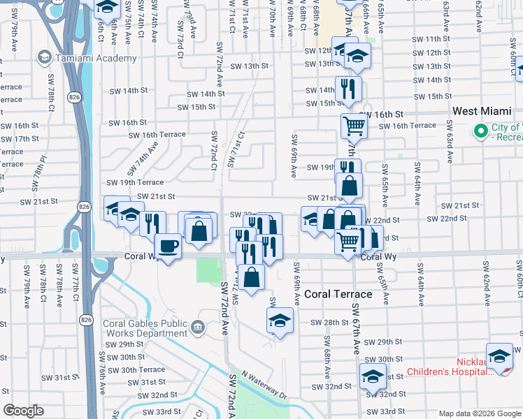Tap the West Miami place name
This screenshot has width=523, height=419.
point(482,111)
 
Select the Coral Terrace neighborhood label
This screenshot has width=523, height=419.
point(338,294)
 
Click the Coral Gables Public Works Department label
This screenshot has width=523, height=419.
point(145,328)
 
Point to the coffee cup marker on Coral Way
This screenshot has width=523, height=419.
point(169,247)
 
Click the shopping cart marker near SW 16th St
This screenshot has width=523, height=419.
point(354,126)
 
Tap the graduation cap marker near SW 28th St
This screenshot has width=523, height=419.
point(280,321)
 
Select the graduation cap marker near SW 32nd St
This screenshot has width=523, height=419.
point(373,376)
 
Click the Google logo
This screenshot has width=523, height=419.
point(23,411)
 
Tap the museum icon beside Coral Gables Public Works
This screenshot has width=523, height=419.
point(198,326)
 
